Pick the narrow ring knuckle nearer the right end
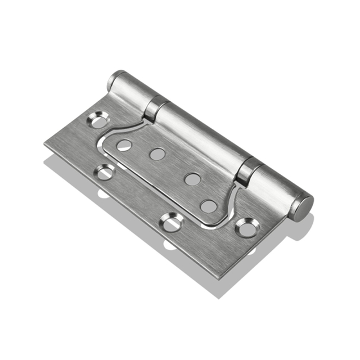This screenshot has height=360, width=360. point(248,170)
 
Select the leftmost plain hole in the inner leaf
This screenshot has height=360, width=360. point(124,145)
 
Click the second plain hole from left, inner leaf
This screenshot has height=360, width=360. point(157,154)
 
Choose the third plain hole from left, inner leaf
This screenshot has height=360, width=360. point(192,179)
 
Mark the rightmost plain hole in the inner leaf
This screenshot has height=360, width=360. point(209,206)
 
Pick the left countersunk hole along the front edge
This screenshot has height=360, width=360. point(105,172)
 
